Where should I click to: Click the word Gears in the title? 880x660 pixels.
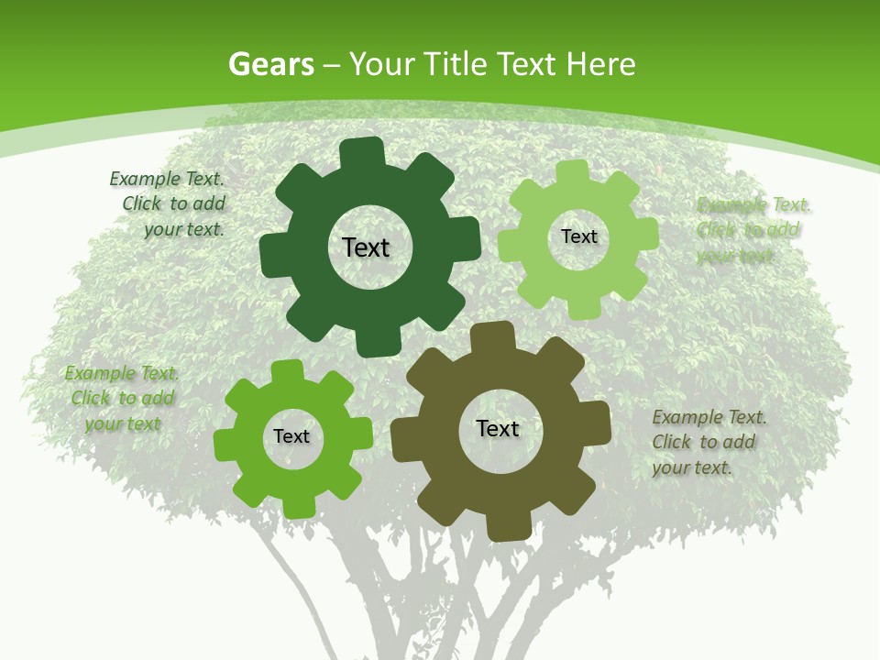point(270,64)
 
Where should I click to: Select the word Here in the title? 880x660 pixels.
point(600,64)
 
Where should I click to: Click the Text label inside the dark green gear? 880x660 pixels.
point(366,247)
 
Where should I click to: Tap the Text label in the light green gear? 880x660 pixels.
point(579,236)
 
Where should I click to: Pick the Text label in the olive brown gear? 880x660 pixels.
point(498,428)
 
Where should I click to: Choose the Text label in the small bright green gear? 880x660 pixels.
point(291,436)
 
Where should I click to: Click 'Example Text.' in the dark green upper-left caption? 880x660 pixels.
point(166,179)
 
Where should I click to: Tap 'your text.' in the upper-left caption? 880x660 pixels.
point(183,229)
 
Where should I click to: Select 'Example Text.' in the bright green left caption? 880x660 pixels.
point(122,373)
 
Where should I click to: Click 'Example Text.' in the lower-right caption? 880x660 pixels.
point(709,417)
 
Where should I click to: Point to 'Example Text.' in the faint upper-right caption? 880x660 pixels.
point(753,204)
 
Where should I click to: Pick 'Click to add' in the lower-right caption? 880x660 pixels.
point(703,442)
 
